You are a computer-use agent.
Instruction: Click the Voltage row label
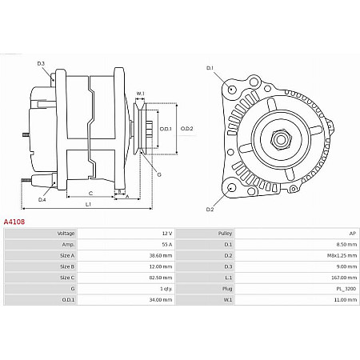click(66, 233)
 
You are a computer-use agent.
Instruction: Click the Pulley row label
click(225, 233)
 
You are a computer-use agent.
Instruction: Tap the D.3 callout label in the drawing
click(41, 63)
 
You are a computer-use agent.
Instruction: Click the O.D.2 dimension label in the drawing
click(186, 128)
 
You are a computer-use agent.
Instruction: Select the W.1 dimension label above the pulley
click(140, 94)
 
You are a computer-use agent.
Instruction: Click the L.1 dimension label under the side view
click(87, 205)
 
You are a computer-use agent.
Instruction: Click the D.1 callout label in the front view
click(210, 68)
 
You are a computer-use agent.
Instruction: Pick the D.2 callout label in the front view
click(210, 210)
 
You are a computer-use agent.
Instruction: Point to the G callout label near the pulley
click(158, 174)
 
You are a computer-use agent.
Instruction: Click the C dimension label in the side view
click(90, 193)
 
